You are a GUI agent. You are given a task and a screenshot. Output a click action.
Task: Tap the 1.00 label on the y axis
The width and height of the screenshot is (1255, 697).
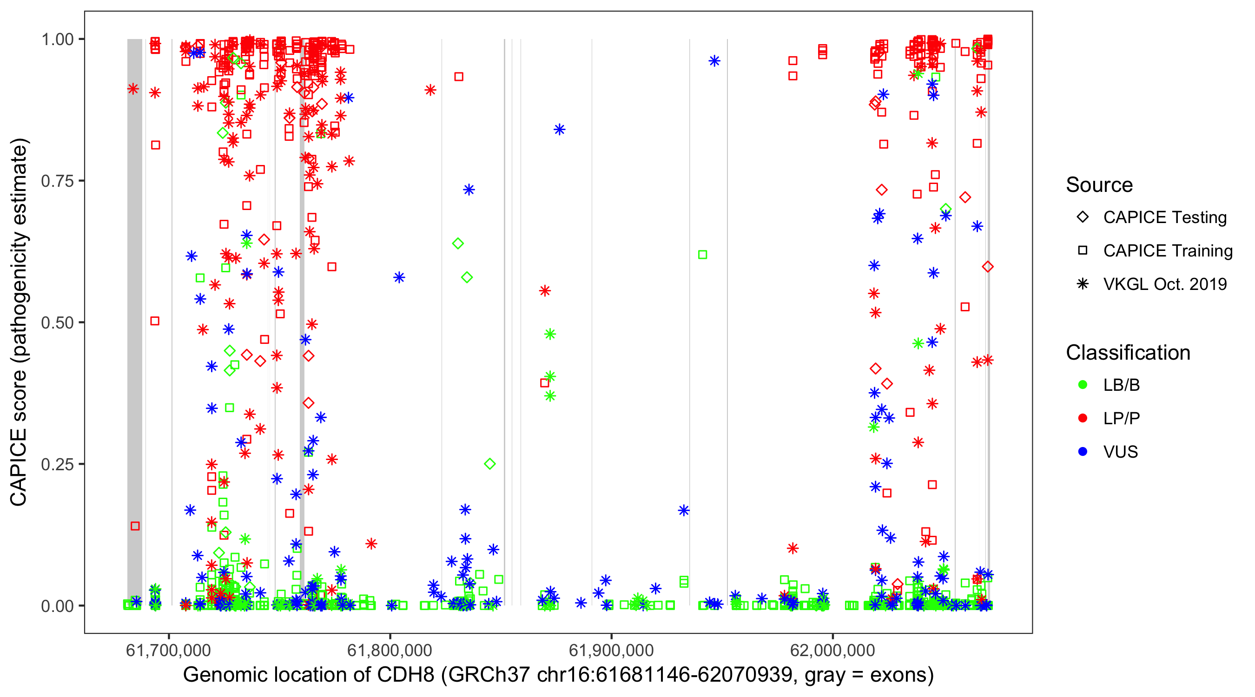pos(57,39)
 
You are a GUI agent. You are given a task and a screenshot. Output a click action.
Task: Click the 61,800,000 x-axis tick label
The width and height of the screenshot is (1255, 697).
pos(390,651)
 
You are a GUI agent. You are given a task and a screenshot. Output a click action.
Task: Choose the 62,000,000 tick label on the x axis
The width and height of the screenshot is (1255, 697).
pos(832,651)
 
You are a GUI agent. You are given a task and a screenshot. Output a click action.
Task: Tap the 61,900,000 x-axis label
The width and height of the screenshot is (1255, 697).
pos(611,651)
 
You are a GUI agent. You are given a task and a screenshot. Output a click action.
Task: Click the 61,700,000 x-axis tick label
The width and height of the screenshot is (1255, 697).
pos(169,651)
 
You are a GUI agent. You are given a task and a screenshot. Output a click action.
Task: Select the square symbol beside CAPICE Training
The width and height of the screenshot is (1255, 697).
pos(1083,251)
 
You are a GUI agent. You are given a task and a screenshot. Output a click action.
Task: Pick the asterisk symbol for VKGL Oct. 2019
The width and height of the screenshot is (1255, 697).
pos(1083,284)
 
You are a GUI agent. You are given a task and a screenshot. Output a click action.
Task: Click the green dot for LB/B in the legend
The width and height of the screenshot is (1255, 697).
pos(1083,385)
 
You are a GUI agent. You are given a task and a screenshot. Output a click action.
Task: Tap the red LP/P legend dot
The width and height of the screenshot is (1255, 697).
pos(1083,418)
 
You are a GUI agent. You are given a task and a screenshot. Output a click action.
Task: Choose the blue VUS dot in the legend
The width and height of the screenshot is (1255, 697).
pos(1083,452)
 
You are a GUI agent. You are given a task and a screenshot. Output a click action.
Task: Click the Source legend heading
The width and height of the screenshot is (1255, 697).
pos(1099,185)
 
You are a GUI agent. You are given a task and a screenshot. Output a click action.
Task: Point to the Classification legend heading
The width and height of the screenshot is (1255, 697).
pos(1128,353)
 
